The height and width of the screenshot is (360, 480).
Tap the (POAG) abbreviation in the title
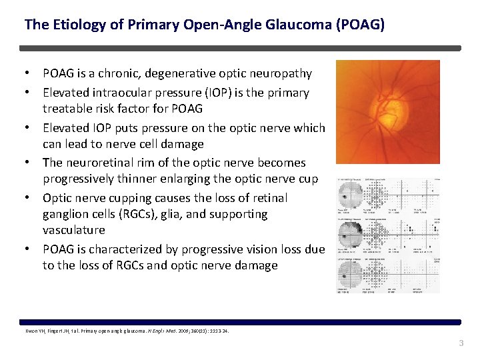click(361, 25)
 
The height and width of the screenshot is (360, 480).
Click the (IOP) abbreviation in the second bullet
click(198, 93)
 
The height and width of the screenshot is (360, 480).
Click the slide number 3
click(459, 343)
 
